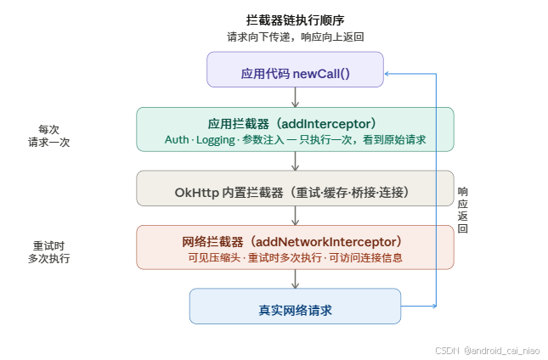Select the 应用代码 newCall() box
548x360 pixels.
click(x=295, y=70)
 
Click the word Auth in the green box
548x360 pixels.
click(x=177, y=139)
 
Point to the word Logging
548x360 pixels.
click(x=214, y=139)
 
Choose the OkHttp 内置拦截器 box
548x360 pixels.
click(x=295, y=189)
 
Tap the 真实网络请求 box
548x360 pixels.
click(x=295, y=307)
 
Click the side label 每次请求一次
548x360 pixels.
click(x=48, y=136)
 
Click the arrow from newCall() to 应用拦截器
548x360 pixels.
click(x=295, y=97)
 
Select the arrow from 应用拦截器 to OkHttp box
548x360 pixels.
click(x=295, y=160)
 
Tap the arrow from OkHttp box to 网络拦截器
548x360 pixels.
click(x=295, y=215)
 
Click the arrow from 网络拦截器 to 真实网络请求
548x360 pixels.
click(x=295, y=278)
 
